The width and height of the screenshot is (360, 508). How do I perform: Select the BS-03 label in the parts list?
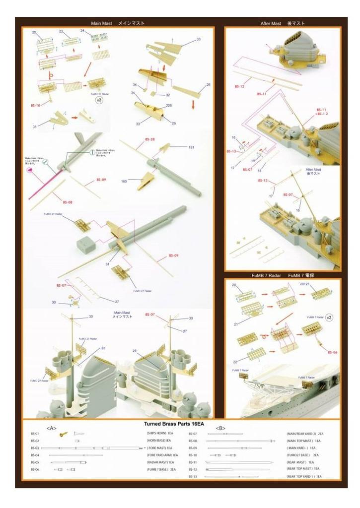[x=35, y=448]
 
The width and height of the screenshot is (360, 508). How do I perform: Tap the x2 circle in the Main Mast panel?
[x=99, y=100]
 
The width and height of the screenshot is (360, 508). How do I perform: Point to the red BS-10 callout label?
[x=35, y=105]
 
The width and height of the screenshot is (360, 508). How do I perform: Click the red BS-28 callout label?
[x=149, y=140]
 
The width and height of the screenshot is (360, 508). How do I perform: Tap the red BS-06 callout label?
[x=332, y=353]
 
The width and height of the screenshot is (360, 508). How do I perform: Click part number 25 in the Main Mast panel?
[x=34, y=32]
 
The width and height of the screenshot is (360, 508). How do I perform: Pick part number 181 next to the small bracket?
[x=191, y=147]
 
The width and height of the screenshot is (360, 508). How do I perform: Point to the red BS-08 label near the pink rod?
[x=68, y=202]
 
